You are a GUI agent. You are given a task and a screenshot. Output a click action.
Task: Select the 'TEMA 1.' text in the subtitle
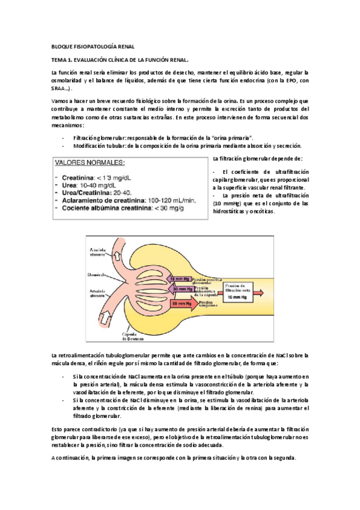(63, 60)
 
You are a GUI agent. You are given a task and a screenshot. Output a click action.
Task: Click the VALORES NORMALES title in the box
(90, 163)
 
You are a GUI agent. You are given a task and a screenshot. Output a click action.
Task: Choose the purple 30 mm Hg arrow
(182, 289)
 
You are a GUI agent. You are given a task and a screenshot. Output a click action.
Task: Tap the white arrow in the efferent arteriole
(110, 256)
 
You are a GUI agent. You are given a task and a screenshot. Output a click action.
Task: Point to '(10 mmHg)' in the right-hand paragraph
(227, 203)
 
